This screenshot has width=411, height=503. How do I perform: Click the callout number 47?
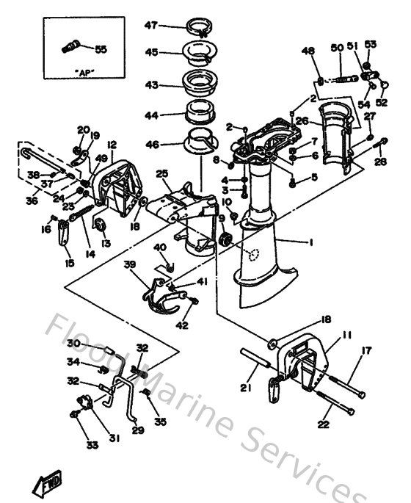click(x=150, y=26)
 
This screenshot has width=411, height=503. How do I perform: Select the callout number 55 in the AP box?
click(x=101, y=49)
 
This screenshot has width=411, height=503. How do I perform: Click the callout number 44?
click(x=150, y=115)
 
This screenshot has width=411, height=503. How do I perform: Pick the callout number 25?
click(x=162, y=173)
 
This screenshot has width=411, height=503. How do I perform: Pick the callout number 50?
click(x=337, y=48)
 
